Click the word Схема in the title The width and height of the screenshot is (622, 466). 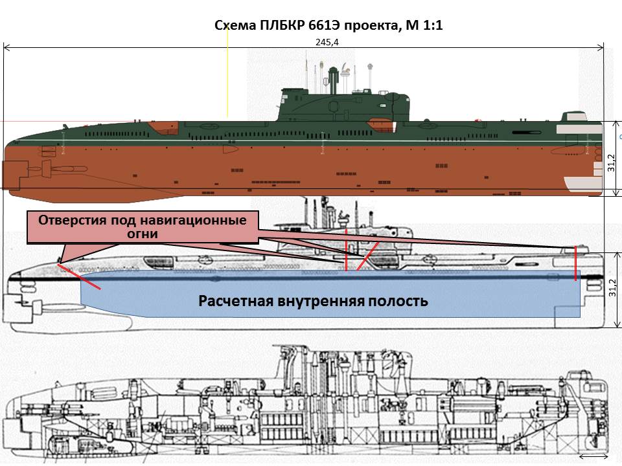tap(234, 26)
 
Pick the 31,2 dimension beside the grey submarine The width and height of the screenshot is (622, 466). tap(611, 287)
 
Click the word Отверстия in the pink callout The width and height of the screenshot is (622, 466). tap(70, 219)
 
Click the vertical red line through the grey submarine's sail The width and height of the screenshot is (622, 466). tap(346, 249)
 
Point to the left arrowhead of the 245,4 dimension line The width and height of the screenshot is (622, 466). tap(6, 47)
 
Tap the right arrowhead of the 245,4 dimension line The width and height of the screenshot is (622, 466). tap(602, 47)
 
